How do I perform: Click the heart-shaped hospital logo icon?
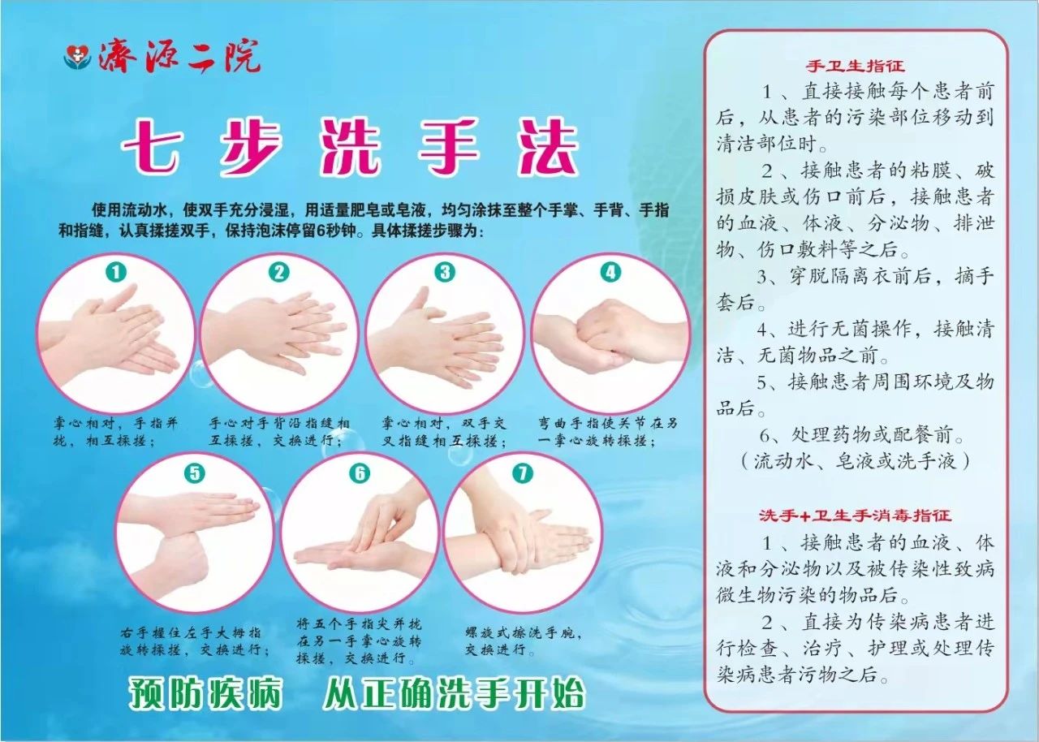77,57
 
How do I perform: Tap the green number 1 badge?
116,272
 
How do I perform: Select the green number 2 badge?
279,272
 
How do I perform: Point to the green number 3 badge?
445,272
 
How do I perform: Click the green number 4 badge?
610,272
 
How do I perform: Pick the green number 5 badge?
195,473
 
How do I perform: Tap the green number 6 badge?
360,473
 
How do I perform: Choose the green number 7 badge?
523,473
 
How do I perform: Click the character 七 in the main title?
151,148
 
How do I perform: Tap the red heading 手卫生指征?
855,66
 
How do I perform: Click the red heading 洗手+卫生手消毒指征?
855,516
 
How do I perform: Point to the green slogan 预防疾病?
205,694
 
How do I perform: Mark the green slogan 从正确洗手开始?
454,694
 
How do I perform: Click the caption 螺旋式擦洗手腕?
523,632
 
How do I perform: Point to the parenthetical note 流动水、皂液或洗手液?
855,461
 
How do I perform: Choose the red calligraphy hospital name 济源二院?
179,57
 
